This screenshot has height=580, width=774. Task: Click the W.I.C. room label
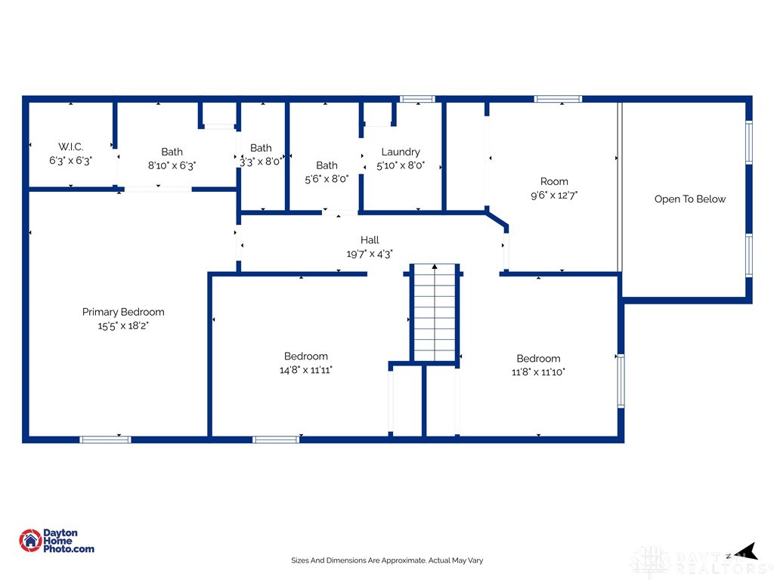[70, 147]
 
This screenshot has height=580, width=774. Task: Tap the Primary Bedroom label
[123, 312]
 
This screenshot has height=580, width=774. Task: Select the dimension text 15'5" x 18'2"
[123, 325]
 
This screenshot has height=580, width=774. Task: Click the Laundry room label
[401, 152]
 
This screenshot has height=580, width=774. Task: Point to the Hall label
[370, 239]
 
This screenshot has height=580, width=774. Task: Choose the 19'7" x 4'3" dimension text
[370, 254]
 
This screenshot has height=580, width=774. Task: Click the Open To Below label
[690, 199]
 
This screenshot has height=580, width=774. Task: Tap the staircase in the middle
[435, 313]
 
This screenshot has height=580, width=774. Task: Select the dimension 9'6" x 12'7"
[554, 196]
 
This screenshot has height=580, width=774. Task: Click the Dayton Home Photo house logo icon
[30, 541]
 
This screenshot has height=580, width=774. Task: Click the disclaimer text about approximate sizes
[387, 560]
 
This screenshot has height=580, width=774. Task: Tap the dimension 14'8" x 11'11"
[306, 370]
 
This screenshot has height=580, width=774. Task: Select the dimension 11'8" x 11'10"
[538, 372]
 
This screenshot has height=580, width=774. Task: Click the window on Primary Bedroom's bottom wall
[105, 440]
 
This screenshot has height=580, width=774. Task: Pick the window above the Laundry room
[417, 99]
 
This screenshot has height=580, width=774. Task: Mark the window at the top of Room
[558, 99]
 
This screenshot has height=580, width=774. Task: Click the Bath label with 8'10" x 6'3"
[172, 152]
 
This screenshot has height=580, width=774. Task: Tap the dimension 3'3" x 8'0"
[261, 162]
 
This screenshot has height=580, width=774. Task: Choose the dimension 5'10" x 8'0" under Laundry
[401, 165]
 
